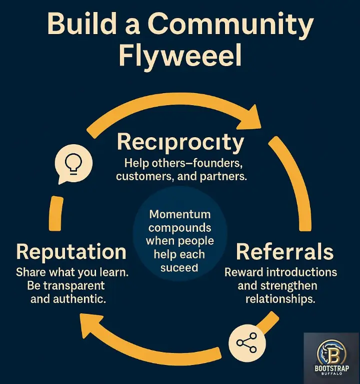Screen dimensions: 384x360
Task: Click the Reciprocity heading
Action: pos(180,142)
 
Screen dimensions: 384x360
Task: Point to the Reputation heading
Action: pos(71,251)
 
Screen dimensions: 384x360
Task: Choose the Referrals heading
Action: pos(284,251)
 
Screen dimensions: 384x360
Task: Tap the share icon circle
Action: pos(246,343)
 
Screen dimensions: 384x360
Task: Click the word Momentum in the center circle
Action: pos(180,214)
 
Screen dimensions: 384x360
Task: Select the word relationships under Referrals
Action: pos(280,300)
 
